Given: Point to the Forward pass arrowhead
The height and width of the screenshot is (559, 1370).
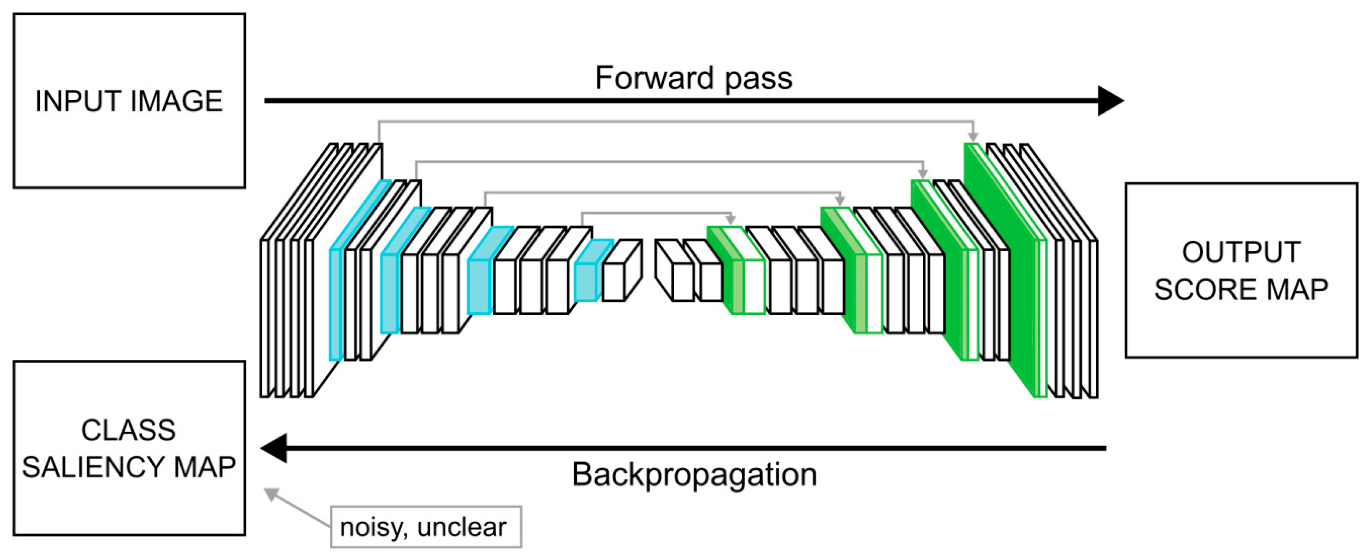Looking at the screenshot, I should (1111, 101).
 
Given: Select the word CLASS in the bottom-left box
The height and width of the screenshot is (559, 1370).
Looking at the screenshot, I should (129, 430).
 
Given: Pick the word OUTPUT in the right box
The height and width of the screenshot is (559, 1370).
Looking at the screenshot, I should (1241, 252).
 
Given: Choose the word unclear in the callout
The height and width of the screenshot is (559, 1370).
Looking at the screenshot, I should (462, 527).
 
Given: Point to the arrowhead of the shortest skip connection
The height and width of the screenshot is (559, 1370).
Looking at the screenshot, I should (730, 219).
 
